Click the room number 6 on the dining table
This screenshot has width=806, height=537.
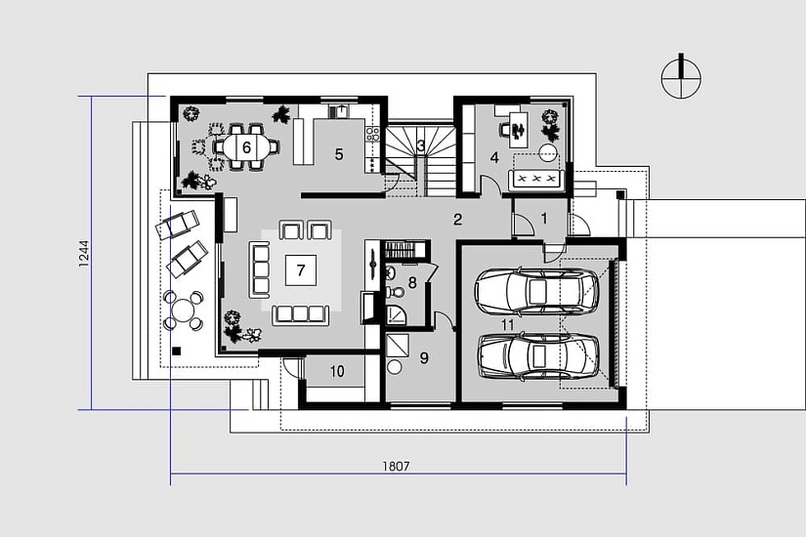[x=246, y=148]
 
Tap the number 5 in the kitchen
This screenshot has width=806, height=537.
[x=339, y=154]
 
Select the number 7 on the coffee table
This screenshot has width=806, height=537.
[x=301, y=269]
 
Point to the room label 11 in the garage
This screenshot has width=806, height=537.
[x=507, y=325]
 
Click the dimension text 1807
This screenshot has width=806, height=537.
[x=396, y=466]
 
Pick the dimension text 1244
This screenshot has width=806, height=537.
[x=84, y=253]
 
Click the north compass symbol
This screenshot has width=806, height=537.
[x=681, y=76]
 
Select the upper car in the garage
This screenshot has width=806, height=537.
[x=537, y=291]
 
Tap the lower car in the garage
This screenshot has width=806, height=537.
[x=538, y=356]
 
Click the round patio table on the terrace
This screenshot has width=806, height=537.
[x=183, y=310]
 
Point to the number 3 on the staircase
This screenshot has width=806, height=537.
[x=420, y=145]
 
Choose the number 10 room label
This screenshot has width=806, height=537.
[x=337, y=371]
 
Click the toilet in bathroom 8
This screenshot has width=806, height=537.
[x=396, y=292]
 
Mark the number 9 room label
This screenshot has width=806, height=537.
[x=424, y=357]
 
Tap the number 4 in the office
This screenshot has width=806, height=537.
[x=494, y=157]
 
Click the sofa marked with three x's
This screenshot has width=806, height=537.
[x=536, y=179]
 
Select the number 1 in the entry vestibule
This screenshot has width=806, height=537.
[x=544, y=219]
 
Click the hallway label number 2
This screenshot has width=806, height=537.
[x=457, y=220]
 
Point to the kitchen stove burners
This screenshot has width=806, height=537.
[x=372, y=135]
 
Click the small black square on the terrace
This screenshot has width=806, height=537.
[x=176, y=351]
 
